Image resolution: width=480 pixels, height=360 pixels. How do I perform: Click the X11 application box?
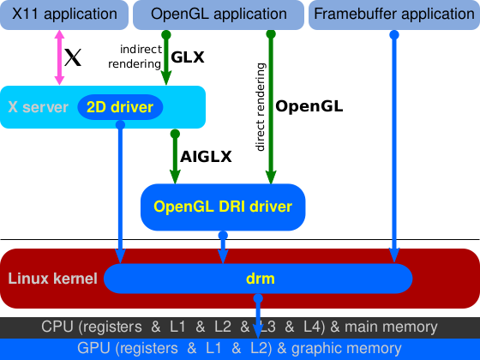tap(63, 14)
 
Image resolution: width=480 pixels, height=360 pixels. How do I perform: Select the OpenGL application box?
tap(219, 14)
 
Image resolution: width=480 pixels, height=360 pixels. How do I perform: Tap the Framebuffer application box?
tap(393, 14)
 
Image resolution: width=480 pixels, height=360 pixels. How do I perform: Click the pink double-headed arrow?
tap(60, 57)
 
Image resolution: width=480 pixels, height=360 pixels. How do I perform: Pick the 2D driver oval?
tap(120, 107)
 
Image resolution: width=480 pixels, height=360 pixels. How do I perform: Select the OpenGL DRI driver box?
tap(223, 207)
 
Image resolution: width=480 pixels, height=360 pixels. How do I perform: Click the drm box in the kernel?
tap(258, 279)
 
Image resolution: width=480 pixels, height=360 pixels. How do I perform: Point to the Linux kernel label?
tap(52, 279)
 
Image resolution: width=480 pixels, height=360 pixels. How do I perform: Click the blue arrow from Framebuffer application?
tap(394, 146)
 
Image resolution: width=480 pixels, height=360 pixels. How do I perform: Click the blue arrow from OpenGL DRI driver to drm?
tap(223, 248)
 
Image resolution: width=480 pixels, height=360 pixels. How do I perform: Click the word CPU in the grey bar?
tap(56, 327)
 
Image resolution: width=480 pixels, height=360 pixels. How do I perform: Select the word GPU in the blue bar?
tap(92, 348)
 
